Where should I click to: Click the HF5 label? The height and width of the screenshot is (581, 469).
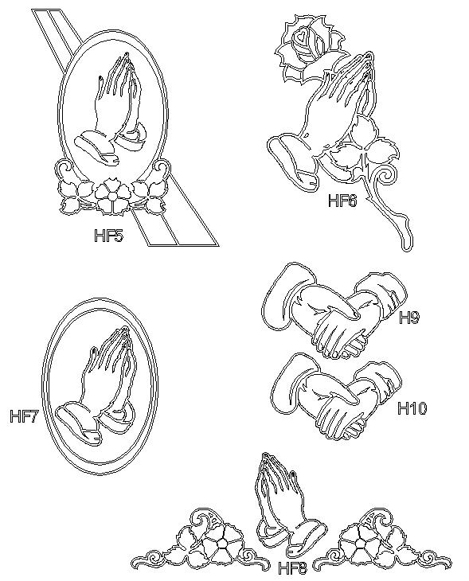click(108, 236)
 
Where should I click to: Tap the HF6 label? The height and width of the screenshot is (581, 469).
click(342, 201)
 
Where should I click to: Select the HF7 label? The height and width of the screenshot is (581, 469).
click(25, 416)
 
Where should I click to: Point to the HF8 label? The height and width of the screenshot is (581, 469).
click(292, 568)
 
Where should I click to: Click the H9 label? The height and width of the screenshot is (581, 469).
click(409, 318)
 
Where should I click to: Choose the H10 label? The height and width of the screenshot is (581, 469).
click(412, 408)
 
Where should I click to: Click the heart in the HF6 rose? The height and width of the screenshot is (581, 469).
click(302, 36)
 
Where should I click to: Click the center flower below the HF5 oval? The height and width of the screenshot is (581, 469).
click(112, 196)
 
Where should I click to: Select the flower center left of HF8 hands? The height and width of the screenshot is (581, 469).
click(221, 544)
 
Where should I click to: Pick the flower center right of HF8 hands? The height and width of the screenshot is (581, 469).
click(359, 544)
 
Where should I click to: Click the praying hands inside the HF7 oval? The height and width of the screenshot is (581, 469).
click(96, 385)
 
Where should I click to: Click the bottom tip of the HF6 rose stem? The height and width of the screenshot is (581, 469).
click(407, 248)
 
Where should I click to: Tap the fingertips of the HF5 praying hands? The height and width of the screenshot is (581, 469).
click(126, 57)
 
